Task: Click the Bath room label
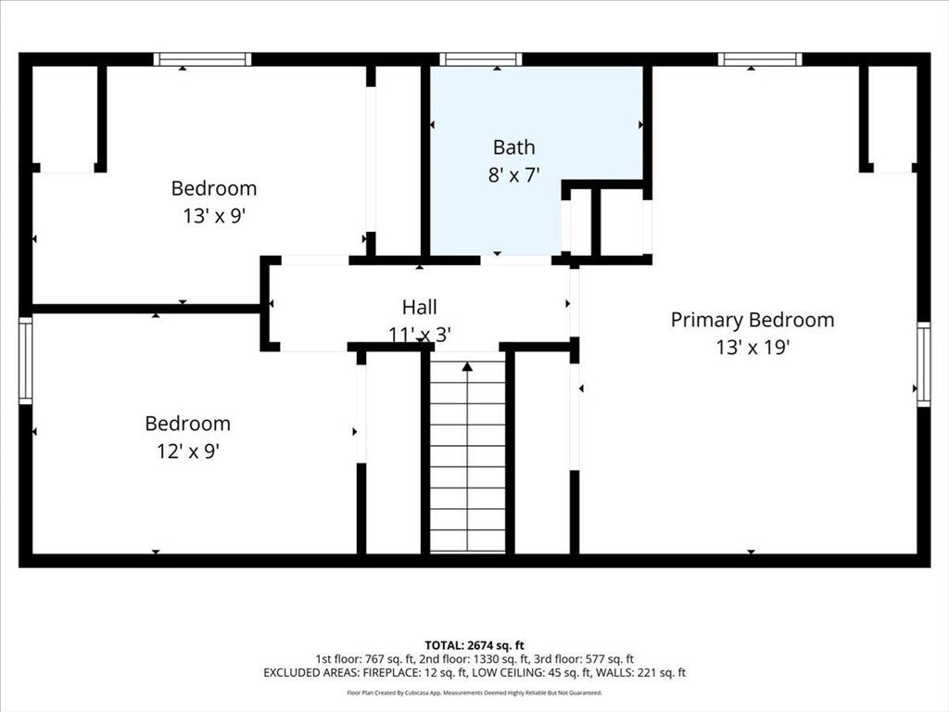513,147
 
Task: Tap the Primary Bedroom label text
753,320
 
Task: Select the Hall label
420,307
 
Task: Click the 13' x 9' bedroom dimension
214,215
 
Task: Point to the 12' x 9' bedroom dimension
187,451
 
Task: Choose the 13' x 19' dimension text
753,348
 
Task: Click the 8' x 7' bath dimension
513,175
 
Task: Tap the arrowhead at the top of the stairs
467,366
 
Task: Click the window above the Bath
481,59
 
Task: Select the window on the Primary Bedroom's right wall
924,363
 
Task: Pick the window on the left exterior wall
25,361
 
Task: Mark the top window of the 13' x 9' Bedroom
202,59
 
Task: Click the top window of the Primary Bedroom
760,59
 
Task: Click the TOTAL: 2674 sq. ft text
474,645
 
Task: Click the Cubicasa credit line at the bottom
474,693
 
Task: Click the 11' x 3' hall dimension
420,334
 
